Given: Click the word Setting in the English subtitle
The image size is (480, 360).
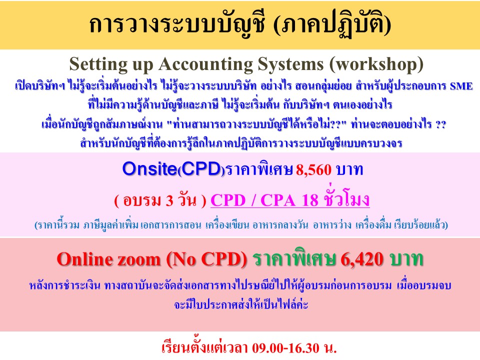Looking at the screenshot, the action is [98, 64].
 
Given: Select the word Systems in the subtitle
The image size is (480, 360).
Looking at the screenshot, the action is [290, 64].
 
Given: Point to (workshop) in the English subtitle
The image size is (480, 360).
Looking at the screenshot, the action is [376, 64].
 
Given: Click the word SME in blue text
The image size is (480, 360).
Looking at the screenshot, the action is [461, 86].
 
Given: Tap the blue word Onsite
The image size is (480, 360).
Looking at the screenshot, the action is [149, 168].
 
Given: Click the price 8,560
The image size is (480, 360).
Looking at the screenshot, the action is [313, 170].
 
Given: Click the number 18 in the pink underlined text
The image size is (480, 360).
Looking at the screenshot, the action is [310, 200].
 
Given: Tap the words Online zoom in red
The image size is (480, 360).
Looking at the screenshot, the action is [108, 259].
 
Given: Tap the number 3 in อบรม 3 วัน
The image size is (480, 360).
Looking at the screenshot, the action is [169, 201].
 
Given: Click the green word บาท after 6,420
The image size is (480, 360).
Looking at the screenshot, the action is [406, 259].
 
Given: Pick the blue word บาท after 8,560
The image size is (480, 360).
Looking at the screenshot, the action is [349, 170].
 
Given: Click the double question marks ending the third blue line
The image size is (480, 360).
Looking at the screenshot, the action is [440, 125].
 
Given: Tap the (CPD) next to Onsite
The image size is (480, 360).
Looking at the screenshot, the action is [201, 169].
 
